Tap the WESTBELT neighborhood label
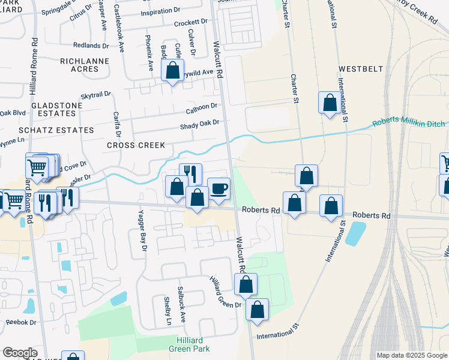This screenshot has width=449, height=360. click(360, 69)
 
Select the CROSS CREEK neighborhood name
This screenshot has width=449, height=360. click(136, 145)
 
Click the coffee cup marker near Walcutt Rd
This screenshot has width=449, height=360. click(218, 188)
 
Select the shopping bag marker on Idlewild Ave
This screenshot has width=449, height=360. click(173, 71)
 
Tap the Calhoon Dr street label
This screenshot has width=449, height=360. click(201, 107)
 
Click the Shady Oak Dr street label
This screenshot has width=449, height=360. click(200, 124)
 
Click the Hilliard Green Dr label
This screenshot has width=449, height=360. click(224, 293)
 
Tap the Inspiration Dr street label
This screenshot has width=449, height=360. click(160, 12)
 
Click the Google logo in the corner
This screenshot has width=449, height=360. click(20, 353)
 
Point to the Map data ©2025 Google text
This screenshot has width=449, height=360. click(411, 355)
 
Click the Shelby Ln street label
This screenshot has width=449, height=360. click(168, 312)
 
